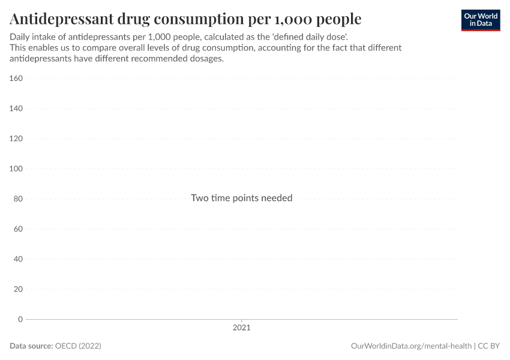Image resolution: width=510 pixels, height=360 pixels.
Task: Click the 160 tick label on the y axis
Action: click(x=16, y=78)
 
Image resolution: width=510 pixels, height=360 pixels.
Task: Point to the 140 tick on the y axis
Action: click(x=16, y=109)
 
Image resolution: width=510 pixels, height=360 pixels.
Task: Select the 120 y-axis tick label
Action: click(x=16, y=139)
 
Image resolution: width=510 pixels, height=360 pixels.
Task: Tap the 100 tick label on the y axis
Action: click(x=16, y=169)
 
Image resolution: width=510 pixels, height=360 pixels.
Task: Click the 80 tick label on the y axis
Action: click(x=18, y=199)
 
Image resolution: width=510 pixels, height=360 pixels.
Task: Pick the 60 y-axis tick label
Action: click(x=18, y=229)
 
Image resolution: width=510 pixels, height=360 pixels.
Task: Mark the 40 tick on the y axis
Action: click(x=18, y=259)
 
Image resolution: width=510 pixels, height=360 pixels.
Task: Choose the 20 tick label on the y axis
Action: click(x=18, y=289)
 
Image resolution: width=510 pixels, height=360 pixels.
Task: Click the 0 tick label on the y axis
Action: click(x=20, y=319)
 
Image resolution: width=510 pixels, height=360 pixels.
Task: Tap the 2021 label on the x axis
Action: click(x=241, y=328)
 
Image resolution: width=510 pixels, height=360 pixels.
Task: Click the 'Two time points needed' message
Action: click(x=241, y=198)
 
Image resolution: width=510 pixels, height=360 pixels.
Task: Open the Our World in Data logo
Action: click(x=481, y=20)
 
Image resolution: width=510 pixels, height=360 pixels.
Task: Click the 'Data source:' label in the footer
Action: click(x=31, y=346)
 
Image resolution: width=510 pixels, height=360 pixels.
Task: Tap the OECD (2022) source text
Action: click(x=78, y=346)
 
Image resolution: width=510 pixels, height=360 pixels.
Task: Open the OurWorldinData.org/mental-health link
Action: click(x=411, y=346)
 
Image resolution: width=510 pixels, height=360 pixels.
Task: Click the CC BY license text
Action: click(x=489, y=346)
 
